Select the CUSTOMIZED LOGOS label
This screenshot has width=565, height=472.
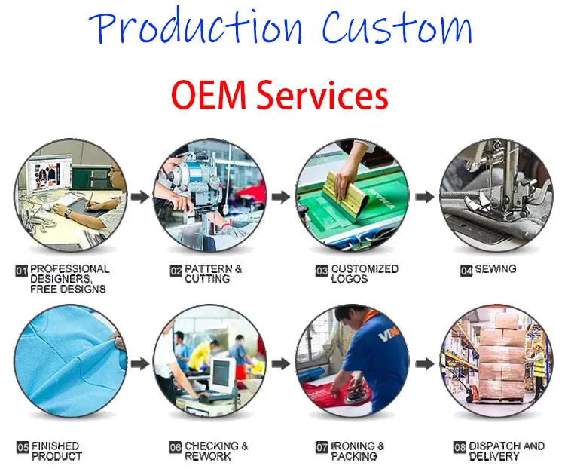pos(365,274)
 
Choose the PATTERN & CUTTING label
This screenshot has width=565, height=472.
pos(214,274)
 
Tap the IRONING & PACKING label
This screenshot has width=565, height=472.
pos(358,451)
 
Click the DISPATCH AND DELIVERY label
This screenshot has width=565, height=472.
pos(506,451)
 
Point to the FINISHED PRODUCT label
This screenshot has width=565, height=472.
pos(56,451)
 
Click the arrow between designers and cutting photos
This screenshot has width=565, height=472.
pos(138,198)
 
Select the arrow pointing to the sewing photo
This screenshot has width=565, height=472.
pos(424,198)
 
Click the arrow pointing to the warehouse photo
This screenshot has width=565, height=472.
pos(424,363)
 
